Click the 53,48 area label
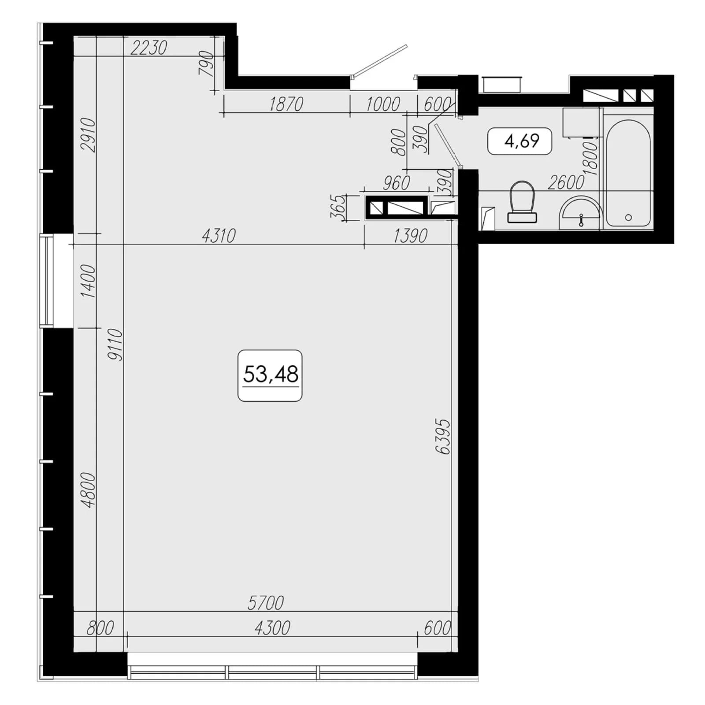[x=270, y=375]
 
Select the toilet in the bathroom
[x=522, y=202]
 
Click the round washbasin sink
[x=580, y=213]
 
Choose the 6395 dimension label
[x=443, y=436]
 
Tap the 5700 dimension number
[x=266, y=603]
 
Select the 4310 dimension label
[x=219, y=236]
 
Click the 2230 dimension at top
[x=149, y=48]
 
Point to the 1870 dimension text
[x=286, y=104]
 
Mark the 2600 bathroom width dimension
[x=566, y=182]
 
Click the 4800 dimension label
[x=89, y=490]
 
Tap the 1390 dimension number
[x=410, y=236]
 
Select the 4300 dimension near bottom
[x=272, y=628]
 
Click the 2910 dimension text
[x=89, y=135]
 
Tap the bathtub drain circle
[x=628, y=217]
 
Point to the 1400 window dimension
[x=89, y=281]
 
